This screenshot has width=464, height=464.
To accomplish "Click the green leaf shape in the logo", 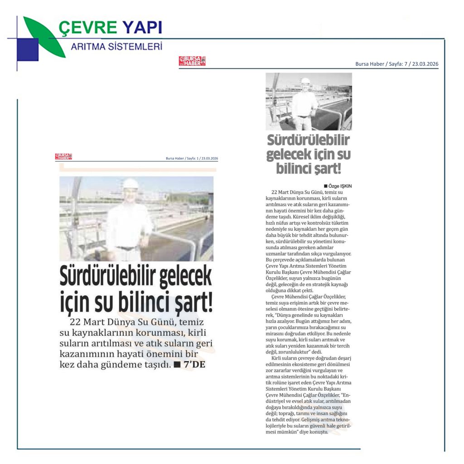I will point(43,34).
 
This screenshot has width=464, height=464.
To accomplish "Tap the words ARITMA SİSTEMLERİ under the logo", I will point(116,46).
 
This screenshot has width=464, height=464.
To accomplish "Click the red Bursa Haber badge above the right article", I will point(192,61).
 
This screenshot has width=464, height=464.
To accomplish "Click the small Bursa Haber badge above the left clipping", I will point(63,157).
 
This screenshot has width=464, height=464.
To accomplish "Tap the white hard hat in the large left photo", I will point(130,183).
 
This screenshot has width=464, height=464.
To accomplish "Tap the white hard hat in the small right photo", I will point(305,81).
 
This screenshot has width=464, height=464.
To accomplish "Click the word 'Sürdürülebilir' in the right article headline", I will point(308,140).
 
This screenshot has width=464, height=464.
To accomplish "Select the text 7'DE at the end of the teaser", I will point(194,365).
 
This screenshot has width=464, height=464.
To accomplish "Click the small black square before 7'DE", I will point(177,365).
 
